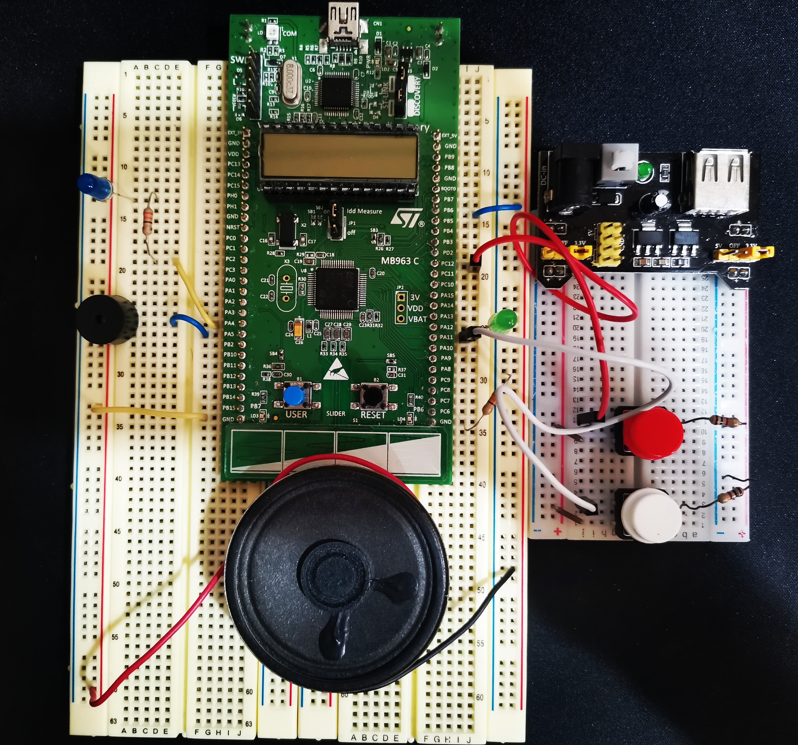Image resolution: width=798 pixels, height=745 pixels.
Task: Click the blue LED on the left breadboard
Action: (94, 186)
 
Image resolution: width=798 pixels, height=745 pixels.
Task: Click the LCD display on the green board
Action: (338, 156)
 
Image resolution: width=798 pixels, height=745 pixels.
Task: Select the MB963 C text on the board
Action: (399, 261)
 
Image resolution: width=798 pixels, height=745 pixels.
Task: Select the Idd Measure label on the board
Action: (364, 211)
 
